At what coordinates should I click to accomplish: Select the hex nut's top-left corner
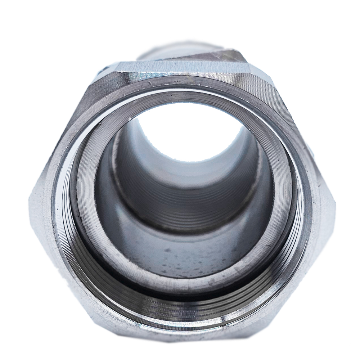click(115, 65)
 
